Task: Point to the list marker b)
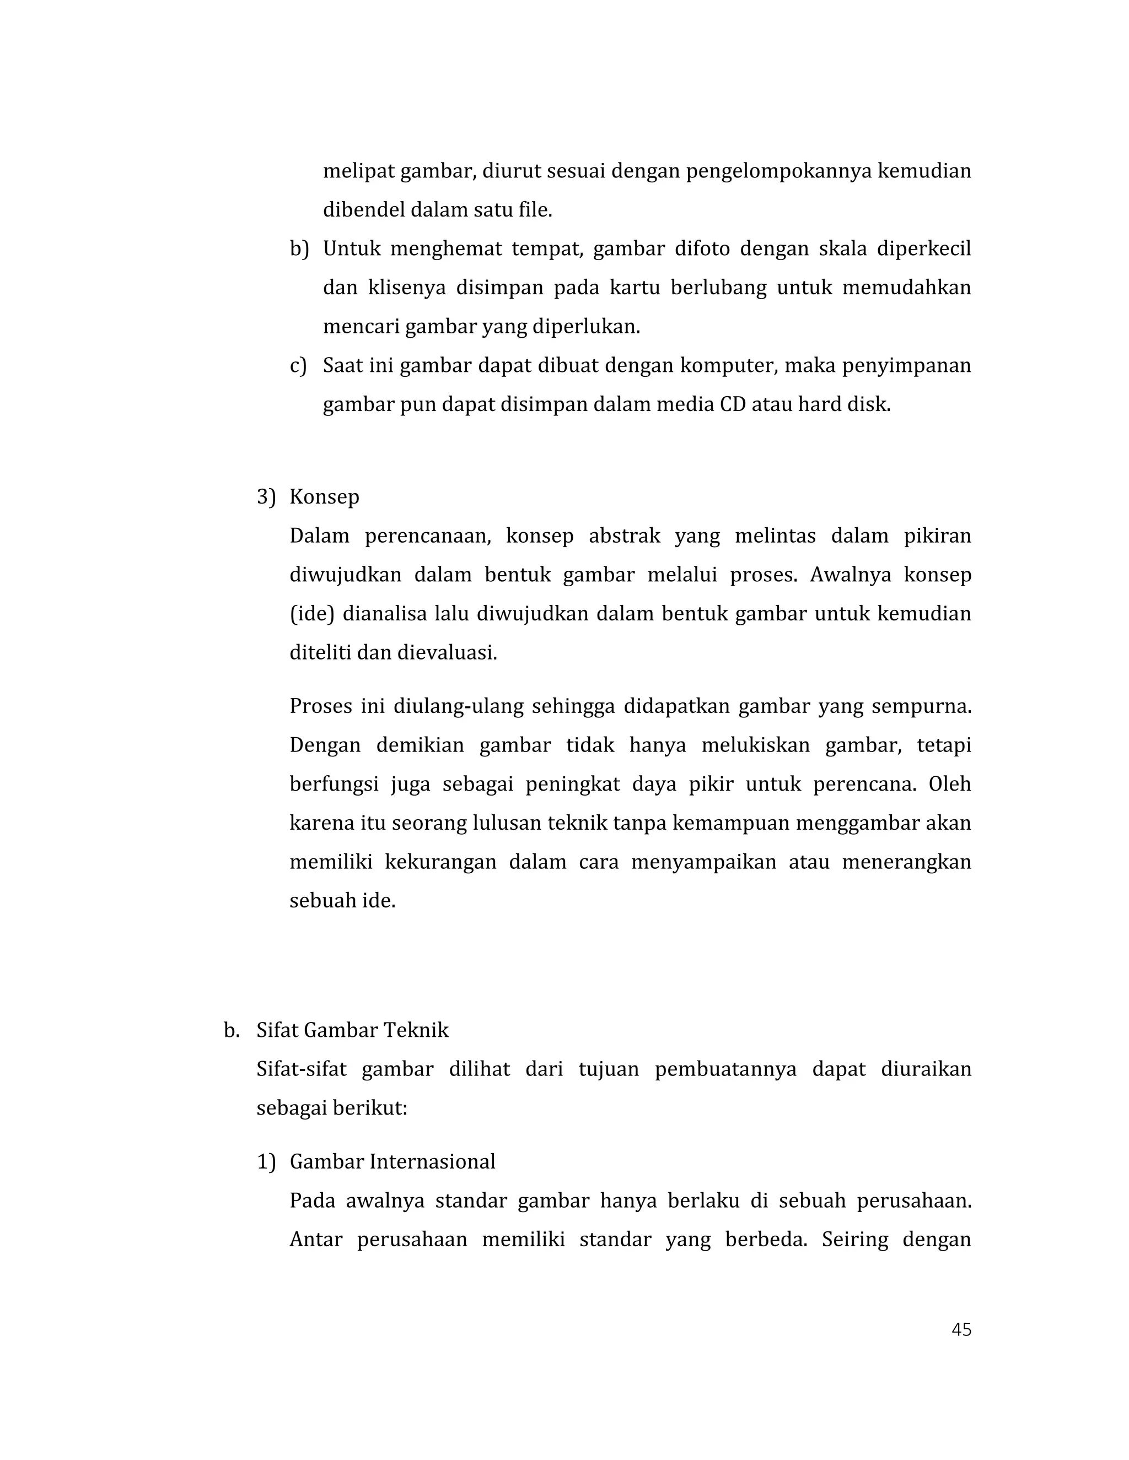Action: [299, 250]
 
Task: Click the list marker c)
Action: [298, 366]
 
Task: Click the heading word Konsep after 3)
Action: [324, 498]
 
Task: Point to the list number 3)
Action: [266, 498]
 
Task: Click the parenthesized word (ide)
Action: [311, 614]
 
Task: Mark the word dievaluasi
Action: [448, 652]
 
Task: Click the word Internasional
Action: [432, 1162]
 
